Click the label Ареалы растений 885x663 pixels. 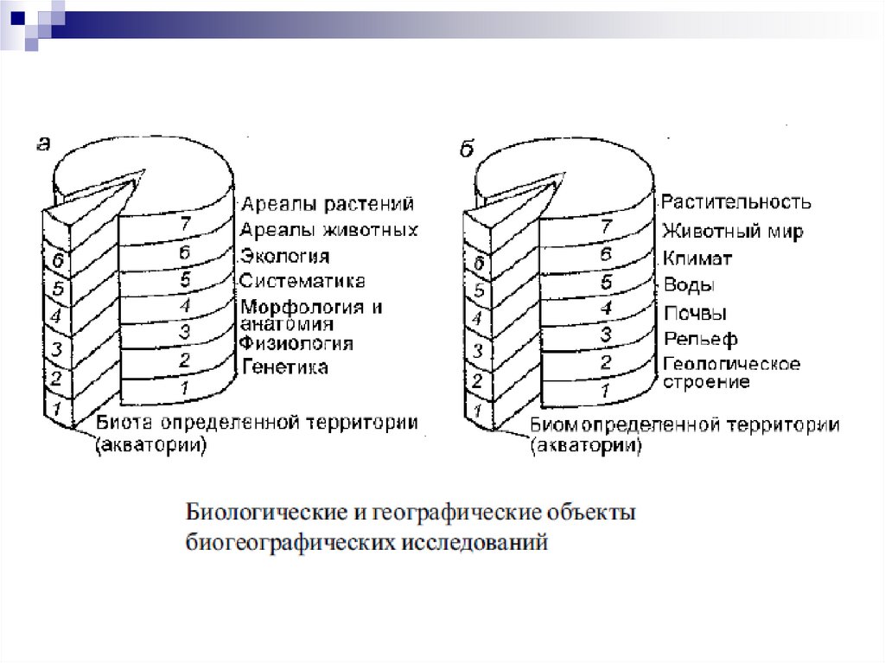click(328, 204)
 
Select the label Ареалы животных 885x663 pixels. click(328, 230)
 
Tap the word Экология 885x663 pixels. click(284, 257)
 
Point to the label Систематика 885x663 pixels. click(302, 281)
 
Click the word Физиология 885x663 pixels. click(296, 343)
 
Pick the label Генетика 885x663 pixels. click(284, 367)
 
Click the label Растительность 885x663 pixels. click(736, 202)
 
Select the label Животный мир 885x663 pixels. click(733, 231)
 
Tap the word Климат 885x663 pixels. click(697, 258)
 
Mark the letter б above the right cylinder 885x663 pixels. click(467, 149)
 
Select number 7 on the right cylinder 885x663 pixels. click(607, 226)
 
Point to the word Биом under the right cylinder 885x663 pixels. click(549, 424)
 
